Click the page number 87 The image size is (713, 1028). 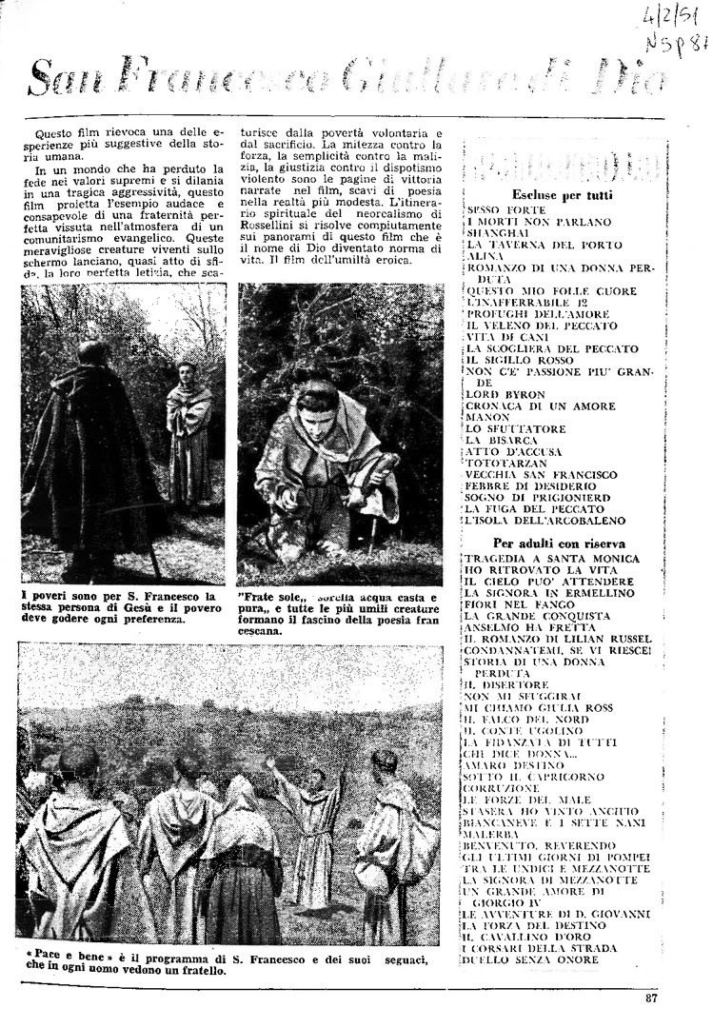[650, 998]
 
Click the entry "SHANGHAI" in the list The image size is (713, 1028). [500, 232]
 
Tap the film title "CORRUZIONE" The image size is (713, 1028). [501, 787]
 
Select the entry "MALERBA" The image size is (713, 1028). [490, 833]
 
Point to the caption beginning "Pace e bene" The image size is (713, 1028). [223, 963]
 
